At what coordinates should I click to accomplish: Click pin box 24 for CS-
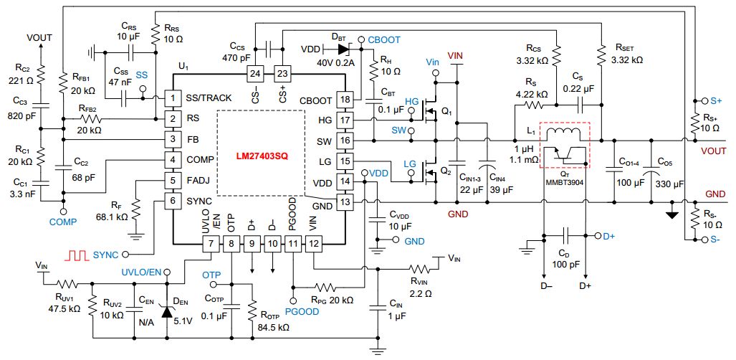pos(254,73)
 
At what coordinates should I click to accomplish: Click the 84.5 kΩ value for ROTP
pos(273,327)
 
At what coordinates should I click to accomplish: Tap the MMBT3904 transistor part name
pos(565,181)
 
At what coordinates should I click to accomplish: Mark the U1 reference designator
pos(183,67)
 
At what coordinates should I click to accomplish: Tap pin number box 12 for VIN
pos(314,245)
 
